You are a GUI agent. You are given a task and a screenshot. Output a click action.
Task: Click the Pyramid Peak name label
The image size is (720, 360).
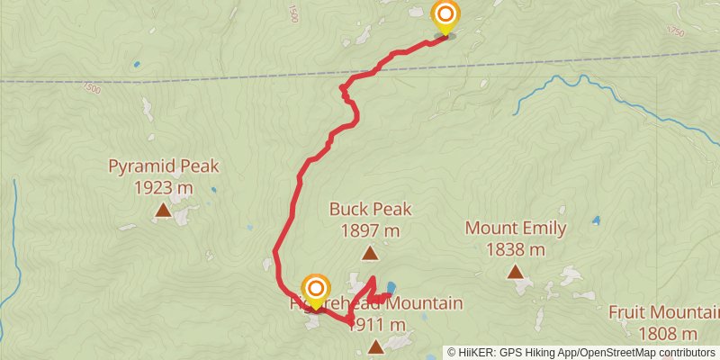pos(163,166)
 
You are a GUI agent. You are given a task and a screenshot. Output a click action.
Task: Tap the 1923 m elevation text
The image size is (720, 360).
pos(163,188)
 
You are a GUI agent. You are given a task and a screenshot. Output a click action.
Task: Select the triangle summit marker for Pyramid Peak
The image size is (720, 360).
pos(163,211)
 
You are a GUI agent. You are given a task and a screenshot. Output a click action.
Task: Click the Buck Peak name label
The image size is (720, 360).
pos(370,210)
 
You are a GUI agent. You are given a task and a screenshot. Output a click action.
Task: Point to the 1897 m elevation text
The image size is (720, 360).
pos(370,231)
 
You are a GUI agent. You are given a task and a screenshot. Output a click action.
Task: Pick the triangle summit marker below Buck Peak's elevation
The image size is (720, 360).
pos(368,254)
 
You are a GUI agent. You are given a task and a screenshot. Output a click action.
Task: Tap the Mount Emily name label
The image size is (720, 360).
pos(516,229)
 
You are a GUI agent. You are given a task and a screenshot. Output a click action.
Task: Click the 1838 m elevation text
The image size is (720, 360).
pos(516,249)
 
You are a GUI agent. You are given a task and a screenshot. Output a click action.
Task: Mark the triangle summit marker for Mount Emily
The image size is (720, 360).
pos(516,271)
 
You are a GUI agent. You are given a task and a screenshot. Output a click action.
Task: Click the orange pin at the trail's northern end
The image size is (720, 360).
pos(445,16)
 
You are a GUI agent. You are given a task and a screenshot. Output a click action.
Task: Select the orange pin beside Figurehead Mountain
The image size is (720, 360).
pos(316,289)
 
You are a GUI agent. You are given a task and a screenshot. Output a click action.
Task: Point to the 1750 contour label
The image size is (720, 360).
pos(676,32)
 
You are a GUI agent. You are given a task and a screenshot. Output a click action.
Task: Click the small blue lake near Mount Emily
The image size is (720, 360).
pos(596,220)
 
